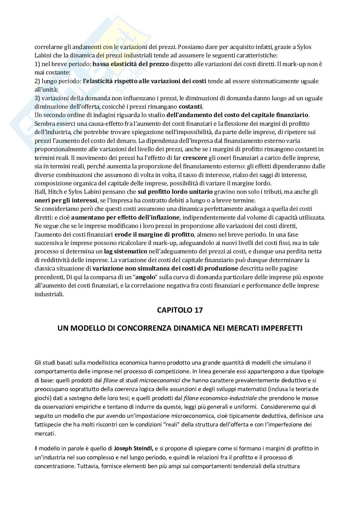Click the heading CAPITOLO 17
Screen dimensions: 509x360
[x=180, y=310]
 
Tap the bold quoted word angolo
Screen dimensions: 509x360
[x=144, y=277]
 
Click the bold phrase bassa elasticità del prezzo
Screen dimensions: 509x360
[x=131, y=64]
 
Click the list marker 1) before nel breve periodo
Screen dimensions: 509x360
[x=37, y=64]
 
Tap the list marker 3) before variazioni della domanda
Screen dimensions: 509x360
[x=37, y=98]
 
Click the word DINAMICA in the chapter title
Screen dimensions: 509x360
[x=187, y=328]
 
